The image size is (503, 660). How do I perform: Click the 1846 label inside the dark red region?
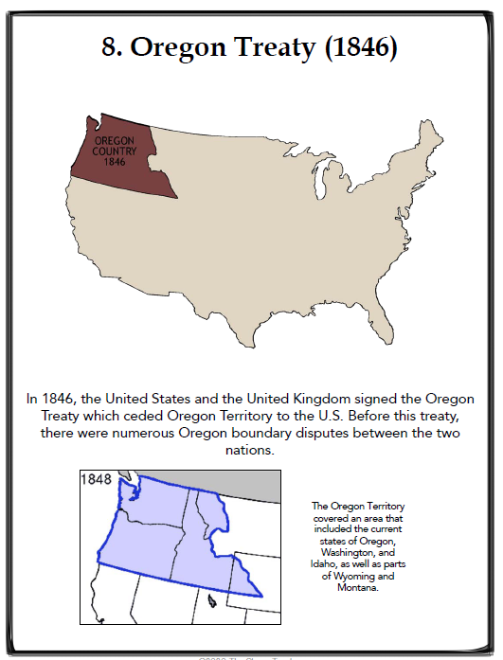pyautogui.click(x=115, y=162)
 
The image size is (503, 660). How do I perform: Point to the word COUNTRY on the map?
pyautogui.click(x=115, y=152)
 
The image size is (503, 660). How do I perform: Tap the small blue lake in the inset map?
pyautogui.click(x=214, y=599)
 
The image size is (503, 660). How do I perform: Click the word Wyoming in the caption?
pyautogui.click(x=358, y=576)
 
